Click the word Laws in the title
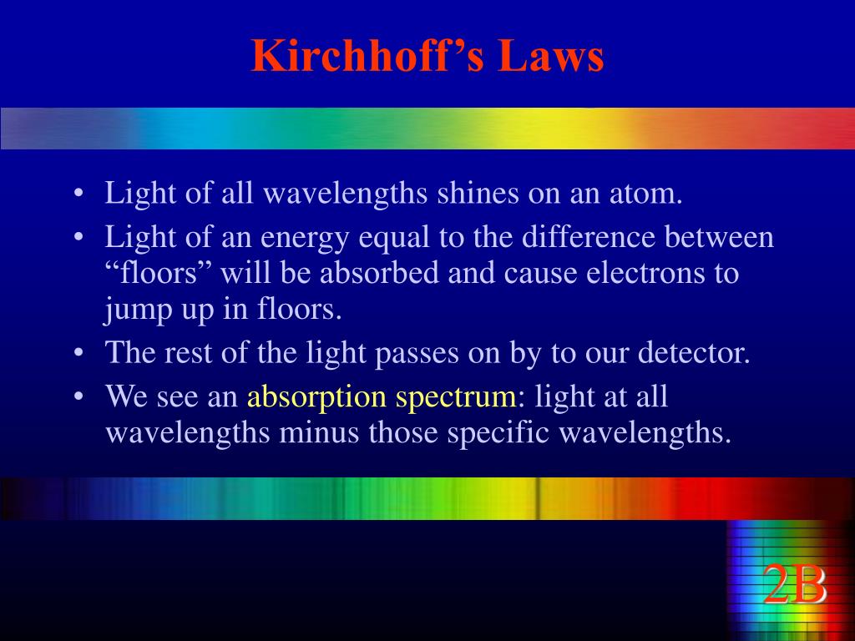pyautogui.click(x=551, y=56)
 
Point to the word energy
pyautogui.click(x=305, y=239)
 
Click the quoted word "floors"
pyautogui.click(x=159, y=273)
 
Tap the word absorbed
pyautogui.click(x=379, y=273)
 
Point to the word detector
pyautogui.click(x=694, y=353)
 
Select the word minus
pyautogui.click(x=319, y=433)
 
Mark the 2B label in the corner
pyautogui.click(x=795, y=585)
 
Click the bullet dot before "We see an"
pyautogui.click(x=79, y=396)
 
